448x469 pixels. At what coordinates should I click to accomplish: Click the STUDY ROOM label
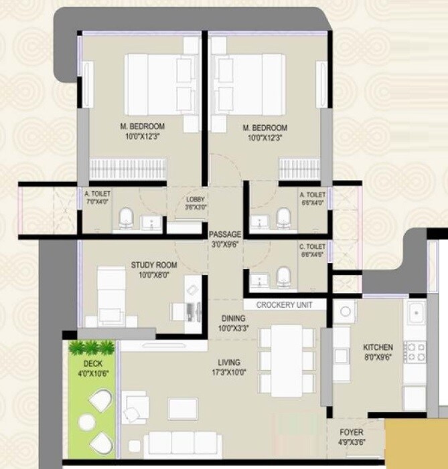pyautogui.click(x=152, y=264)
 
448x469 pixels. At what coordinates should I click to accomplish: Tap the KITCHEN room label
pyautogui.click(x=378, y=347)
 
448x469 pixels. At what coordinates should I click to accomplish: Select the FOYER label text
pyautogui.click(x=351, y=432)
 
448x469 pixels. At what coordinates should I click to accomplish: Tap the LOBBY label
pyautogui.click(x=196, y=199)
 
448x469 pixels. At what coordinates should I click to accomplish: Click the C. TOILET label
pyautogui.click(x=311, y=247)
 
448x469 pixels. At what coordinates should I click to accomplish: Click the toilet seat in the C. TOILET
pyautogui.click(x=284, y=276)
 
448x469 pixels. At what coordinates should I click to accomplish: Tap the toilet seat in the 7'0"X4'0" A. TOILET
pyautogui.click(x=125, y=217)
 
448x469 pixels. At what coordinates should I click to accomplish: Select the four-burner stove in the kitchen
pyautogui.click(x=415, y=352)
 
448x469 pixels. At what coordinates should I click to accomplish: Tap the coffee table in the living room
pyautogui.click(x=182, y=407)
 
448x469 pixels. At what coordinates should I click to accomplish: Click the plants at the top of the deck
pyautogui.click(x=91, y=347)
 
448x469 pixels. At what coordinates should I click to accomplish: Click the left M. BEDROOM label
pyautogui.click(x=143, y=126)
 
